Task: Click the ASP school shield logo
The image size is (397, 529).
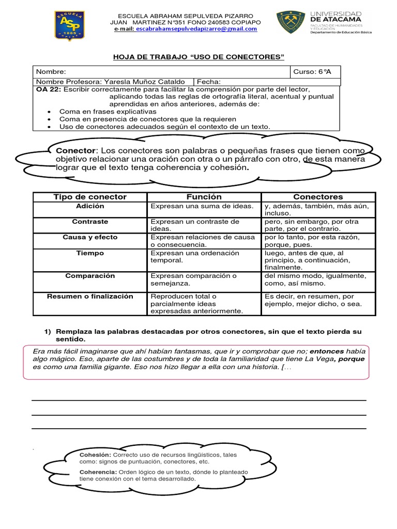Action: (69, 26)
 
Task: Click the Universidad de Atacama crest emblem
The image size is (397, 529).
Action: (289, 23)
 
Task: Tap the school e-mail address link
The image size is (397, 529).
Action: (196, 29)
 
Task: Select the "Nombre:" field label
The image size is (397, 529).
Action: (51, 72)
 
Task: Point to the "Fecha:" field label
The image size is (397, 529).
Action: (209, 82)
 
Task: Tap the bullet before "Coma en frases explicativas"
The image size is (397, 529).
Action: (49, 112)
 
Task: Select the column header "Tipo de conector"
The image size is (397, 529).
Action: (90, 197)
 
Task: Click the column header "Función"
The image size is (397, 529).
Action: (204, 197)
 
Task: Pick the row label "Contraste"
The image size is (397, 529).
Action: (90, 221)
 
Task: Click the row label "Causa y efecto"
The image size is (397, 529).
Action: (90, 237)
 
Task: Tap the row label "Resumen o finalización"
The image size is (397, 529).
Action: (90, 297)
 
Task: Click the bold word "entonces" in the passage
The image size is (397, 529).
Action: (326, 351)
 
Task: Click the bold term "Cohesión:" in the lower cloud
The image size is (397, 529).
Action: (95, 454)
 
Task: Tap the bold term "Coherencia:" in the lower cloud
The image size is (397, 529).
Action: (98, 472)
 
